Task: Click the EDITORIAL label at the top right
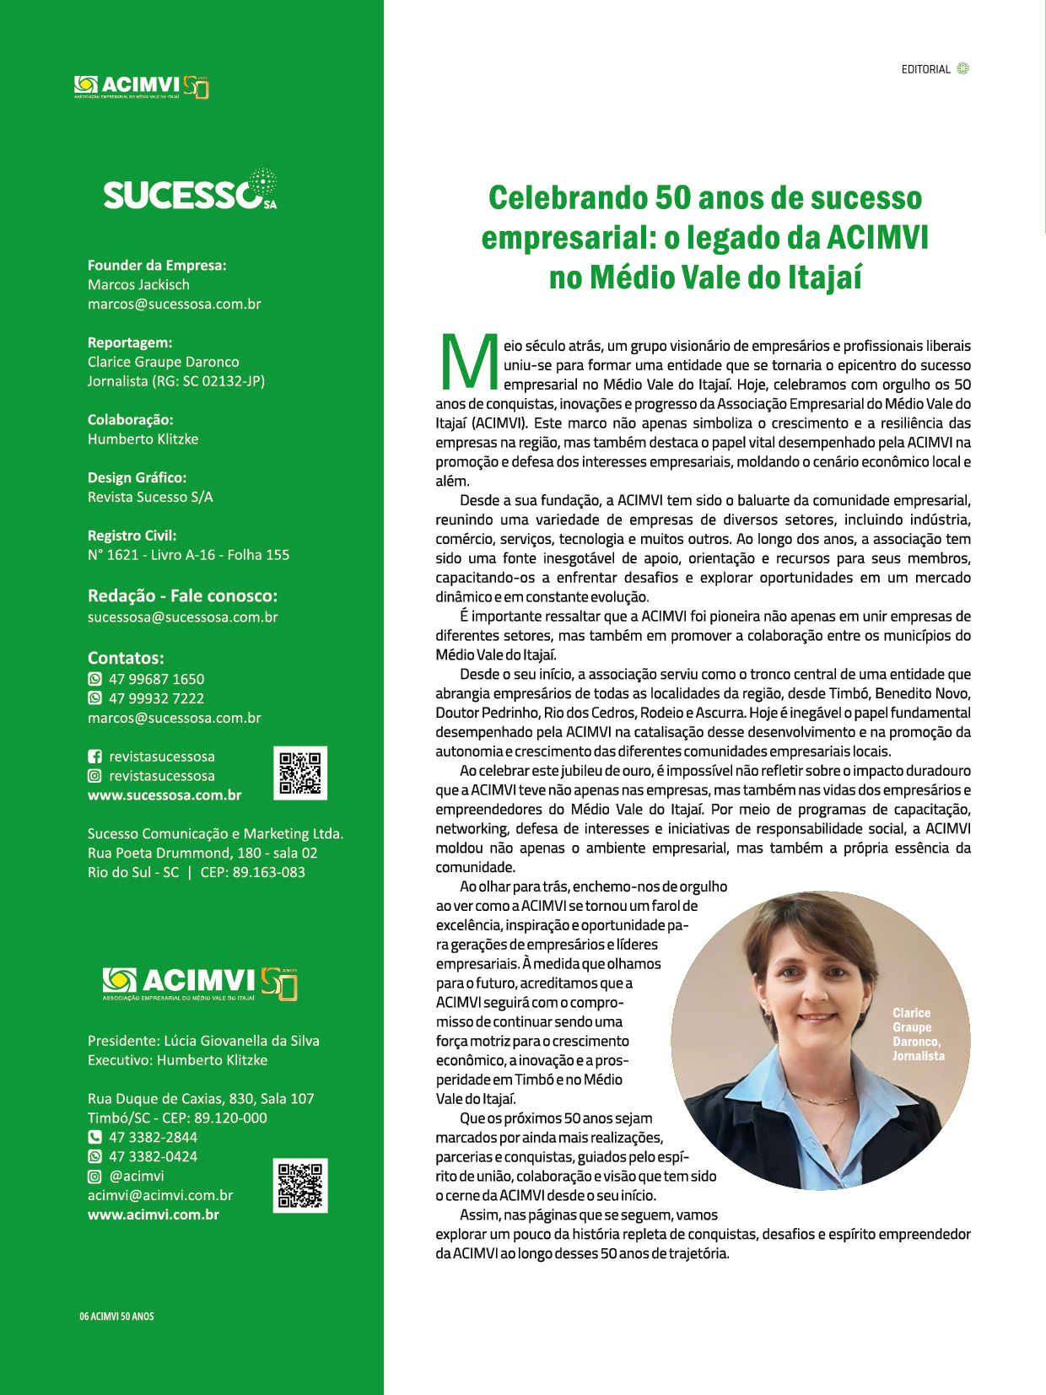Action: pos(925,69)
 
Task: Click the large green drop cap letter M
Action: pos(470,363)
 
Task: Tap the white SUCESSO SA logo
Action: pos(189,192)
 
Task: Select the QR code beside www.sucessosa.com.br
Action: pos(300,773)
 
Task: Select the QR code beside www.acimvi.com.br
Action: pos(300,1186)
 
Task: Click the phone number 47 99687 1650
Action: pos(156,679)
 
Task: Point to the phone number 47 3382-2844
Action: pos(153,1137)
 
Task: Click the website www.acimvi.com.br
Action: pos(154,1215)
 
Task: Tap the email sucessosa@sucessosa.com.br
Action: pos(182,617)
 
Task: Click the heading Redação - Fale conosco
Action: pos(182,595)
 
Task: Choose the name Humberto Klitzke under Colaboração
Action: pos(143,439)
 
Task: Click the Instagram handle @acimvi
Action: pos(137,1176)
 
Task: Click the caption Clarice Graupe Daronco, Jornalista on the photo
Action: pos(918,1034)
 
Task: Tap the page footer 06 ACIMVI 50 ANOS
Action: pos(116,1316)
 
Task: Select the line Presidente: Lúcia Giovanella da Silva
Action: pos(203,1041)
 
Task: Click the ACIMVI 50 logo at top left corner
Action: pos(141,86)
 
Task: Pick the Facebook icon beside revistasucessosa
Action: pos(95,757)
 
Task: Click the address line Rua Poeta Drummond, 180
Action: pos(202,853)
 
